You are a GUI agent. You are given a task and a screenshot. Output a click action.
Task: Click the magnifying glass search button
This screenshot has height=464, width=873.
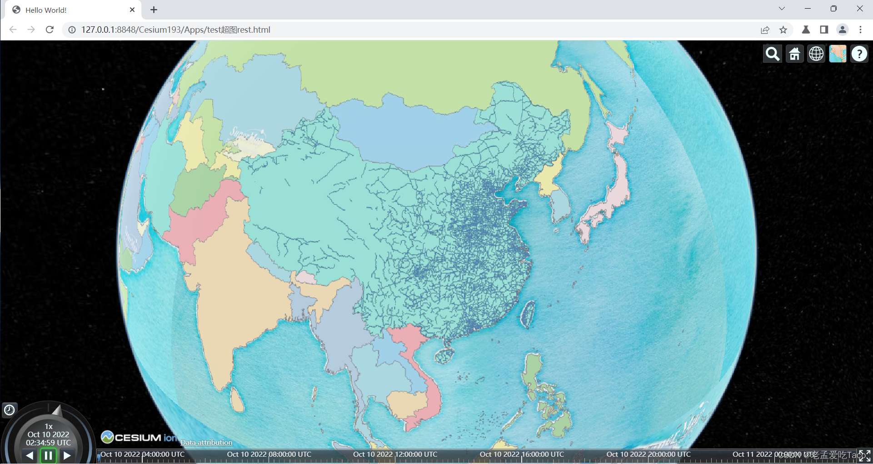[x=772, y=54]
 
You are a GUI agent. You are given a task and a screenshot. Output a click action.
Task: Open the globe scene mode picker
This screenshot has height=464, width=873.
[x=816, y=54]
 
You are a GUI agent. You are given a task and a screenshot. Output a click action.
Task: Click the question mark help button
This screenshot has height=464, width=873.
[x=859, y=54]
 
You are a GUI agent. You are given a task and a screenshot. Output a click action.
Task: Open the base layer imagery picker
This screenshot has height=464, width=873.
[x=838, y=54]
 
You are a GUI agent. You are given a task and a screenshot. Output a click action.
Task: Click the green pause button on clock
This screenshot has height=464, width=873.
[x=48, y=455]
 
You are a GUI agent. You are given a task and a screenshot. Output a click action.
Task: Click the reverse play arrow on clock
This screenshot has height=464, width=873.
[x=30, y=455]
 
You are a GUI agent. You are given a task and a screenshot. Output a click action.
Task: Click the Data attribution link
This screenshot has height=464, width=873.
[x=206, y=442]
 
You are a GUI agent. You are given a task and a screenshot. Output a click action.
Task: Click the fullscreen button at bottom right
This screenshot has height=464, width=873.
[x=864, y=455]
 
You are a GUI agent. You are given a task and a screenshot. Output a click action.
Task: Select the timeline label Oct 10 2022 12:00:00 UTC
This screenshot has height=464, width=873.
[x=395, y=454]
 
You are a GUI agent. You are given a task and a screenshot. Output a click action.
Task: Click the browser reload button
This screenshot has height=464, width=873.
[x=50, y=30]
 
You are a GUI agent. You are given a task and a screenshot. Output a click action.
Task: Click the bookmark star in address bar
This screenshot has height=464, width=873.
[x=783, y=30]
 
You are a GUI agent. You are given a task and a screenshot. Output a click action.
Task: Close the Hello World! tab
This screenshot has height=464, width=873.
[x=132, y=10]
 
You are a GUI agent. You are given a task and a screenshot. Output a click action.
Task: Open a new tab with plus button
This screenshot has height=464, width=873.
[x=154, y=10]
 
